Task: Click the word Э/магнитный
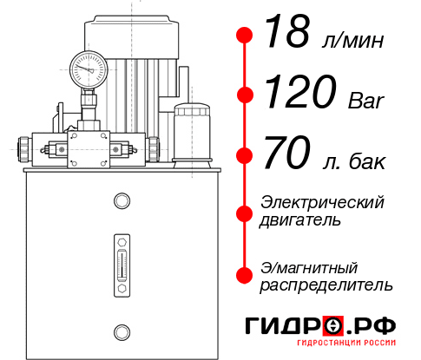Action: point(309,266)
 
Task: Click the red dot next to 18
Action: point(246,36)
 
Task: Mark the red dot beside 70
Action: point(246,157)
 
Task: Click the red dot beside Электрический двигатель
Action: point(246,212)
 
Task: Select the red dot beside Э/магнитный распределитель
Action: point(246,275)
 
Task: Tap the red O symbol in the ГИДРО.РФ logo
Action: point(333,326)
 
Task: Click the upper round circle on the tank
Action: point(121,202)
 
